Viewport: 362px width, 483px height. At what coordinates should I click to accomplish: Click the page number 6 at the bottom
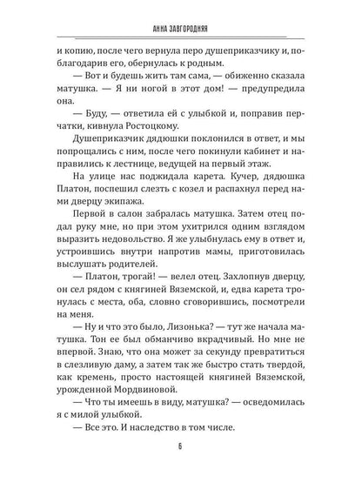180,453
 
